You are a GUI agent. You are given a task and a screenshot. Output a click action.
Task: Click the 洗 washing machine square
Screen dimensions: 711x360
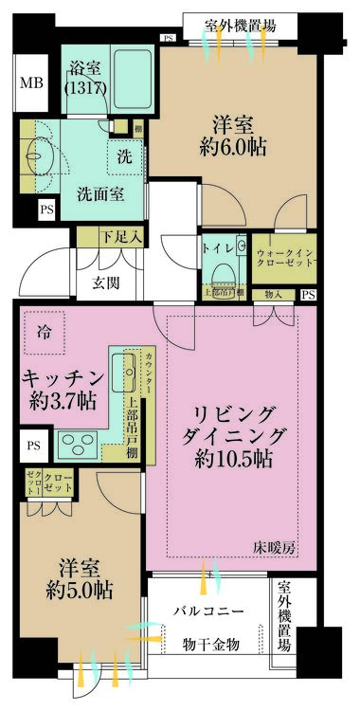point(124,157)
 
